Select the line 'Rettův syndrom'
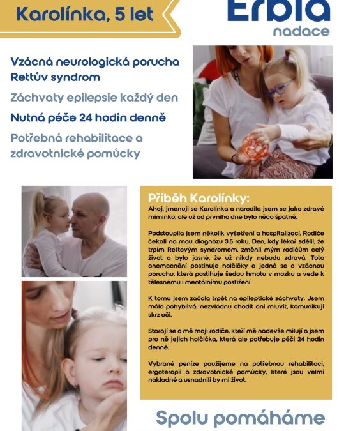click(x=56, y=78)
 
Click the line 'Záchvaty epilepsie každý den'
click(x=94, y=98)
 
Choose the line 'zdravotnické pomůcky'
click(x=75, y=153)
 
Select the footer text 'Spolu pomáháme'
click(x=241, y=418)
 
